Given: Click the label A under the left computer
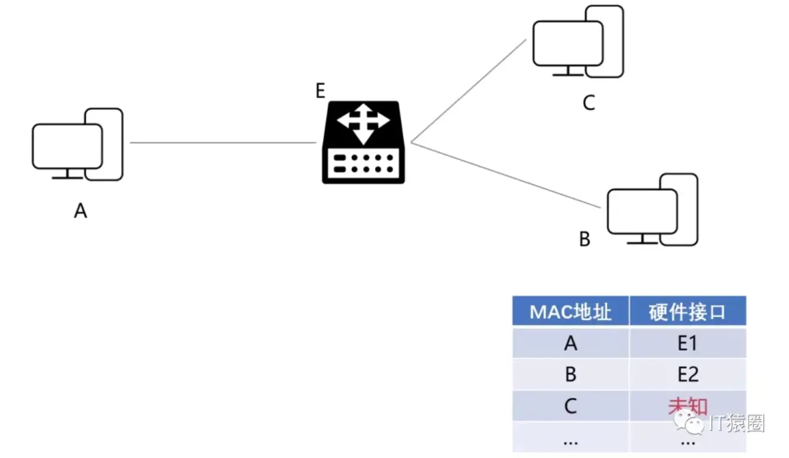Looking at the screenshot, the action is [x=81, y=211].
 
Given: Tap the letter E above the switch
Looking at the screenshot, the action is [x=320, y=91].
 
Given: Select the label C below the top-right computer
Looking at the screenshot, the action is [x=589, y=103].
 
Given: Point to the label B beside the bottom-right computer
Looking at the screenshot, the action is [x=585, y=239].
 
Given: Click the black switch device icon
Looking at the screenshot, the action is [x=363, y=142].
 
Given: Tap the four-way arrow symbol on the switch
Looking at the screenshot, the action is [x=363, y=124].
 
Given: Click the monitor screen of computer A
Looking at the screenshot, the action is [x=67, y=146].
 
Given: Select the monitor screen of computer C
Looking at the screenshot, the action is [x=568, y=43].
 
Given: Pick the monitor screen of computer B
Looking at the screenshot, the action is [x=643, y=211].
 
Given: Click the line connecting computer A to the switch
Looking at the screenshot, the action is [x=223, y=142].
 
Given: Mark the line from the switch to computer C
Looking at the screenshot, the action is [x=468, y=91].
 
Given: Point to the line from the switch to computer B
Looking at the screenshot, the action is [x=506, y=175].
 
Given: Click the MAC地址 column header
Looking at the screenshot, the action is [x=571, y=312].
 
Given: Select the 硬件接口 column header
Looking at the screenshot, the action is [x=688, y=312].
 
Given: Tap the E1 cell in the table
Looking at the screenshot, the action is [x=688, y=343].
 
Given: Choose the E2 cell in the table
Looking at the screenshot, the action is [x=688, y=374].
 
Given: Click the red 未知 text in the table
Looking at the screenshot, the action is [x=688, y=406].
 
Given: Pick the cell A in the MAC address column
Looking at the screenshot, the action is [x=571, y=343].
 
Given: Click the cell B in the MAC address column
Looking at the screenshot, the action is [x=571, y=374].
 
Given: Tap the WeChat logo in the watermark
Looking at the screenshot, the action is [x=688, y=422].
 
